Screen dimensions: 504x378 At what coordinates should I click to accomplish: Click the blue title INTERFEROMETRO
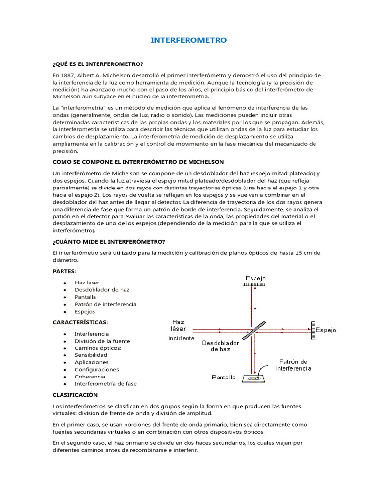point(189,40)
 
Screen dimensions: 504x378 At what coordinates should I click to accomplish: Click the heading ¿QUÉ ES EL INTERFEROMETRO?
point(97,64)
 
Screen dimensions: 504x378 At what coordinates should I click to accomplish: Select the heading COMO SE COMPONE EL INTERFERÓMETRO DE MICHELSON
point(138,162)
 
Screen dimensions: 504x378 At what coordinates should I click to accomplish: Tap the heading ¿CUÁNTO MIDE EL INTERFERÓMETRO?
point(109,241)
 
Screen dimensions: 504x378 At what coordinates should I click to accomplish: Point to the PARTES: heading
point(64,271)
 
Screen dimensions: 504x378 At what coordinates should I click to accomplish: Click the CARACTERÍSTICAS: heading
point(80,322)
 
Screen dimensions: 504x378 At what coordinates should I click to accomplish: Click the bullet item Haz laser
point(87,283)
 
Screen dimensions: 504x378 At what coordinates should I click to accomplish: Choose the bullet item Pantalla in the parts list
point(85,297)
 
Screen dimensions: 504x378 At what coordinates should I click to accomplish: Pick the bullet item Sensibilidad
point(91,355)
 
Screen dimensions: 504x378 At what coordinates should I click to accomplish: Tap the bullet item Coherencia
point(90,377)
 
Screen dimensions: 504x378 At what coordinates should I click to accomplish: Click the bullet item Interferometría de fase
point(105,383)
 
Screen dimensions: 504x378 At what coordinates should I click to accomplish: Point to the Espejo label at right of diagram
point(326,330)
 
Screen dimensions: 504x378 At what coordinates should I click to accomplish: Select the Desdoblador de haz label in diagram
point(220,346)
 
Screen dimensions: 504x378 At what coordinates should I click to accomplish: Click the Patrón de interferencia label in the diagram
point(293,365)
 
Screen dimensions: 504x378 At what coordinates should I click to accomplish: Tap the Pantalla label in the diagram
point(223,378)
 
